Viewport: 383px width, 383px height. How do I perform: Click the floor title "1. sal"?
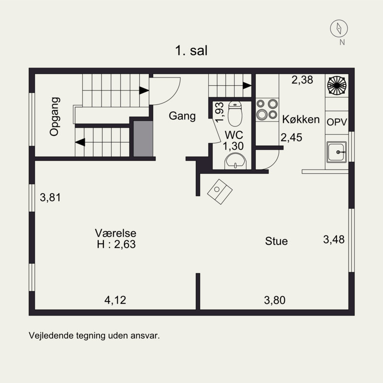point(191,51)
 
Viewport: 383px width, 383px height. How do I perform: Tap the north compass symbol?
point(339,28)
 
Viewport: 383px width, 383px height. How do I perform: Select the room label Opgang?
point(55,116)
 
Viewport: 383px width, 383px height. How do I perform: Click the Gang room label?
point(182,116)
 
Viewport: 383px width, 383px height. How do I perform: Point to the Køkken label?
point(301,119)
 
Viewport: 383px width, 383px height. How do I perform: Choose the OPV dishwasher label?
point(337,122)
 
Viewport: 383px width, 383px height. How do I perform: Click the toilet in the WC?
point(235,113)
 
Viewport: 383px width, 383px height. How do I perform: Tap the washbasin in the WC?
point(235,161)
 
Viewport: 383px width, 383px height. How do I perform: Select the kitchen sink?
point(337,152)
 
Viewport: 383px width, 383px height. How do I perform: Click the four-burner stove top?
point(267,110)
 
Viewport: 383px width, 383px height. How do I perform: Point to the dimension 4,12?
point(115,300)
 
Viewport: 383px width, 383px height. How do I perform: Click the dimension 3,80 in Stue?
point(275,300)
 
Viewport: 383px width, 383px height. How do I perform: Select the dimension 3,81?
point(50,197)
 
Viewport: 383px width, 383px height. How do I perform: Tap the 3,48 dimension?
point(334,239)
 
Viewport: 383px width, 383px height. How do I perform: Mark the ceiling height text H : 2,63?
point(116,244)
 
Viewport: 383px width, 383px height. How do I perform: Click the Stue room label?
point(276,241)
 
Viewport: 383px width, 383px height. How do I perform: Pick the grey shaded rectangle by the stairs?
point(143,138)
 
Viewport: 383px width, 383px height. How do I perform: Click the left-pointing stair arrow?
point(80,142)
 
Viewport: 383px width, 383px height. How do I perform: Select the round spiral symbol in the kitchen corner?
point(337,85)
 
